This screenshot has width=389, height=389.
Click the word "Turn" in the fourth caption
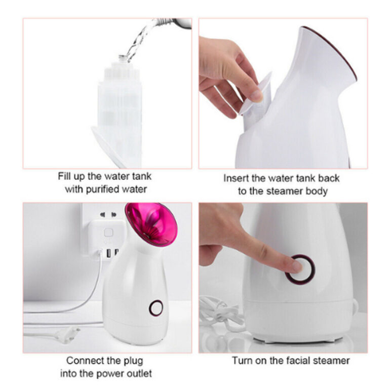[242, 361]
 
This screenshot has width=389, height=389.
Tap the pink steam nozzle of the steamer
[150, 223]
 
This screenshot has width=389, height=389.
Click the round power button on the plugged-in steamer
[156, 307]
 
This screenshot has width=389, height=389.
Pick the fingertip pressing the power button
[296, 266]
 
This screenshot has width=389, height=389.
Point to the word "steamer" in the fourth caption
[332, 361]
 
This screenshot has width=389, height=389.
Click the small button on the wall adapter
[108, 232]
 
